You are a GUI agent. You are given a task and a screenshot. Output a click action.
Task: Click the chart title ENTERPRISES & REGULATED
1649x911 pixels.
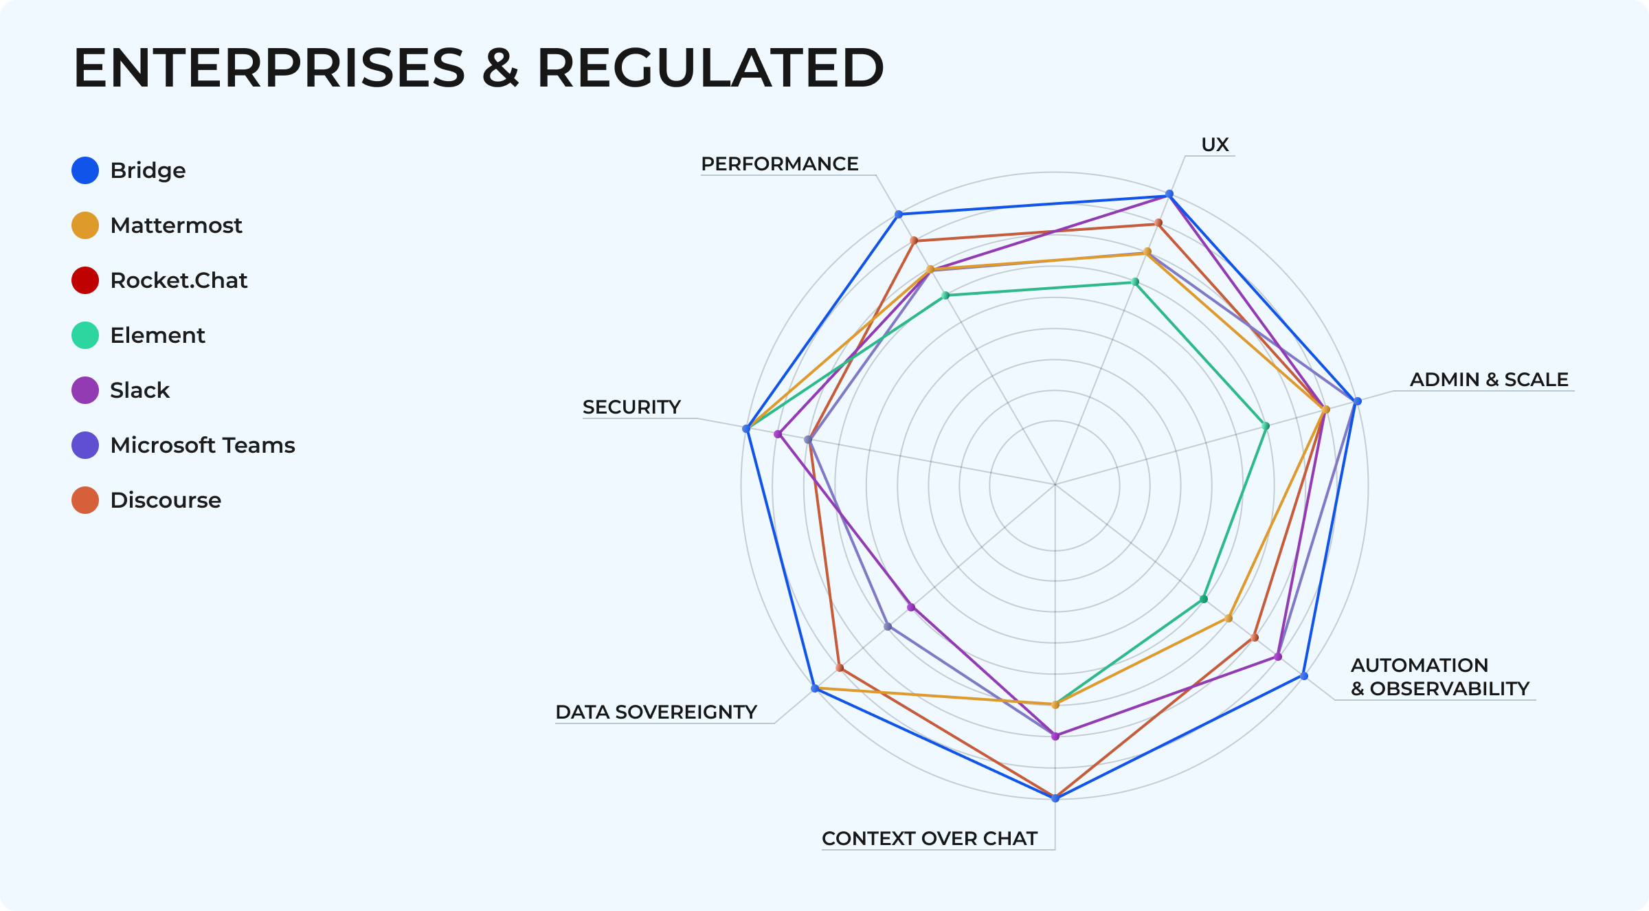click(478, 68)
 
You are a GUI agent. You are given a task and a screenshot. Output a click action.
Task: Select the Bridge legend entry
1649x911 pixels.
click(148, 170)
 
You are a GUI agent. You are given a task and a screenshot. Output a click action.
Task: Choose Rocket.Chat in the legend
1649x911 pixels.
click(178, 280)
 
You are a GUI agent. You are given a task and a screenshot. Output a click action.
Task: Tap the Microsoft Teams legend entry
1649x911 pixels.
click(202, 445)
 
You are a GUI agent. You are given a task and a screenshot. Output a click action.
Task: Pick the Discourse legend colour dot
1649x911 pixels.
click(85, 500)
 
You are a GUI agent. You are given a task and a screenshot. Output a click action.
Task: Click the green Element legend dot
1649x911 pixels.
click(85, 335)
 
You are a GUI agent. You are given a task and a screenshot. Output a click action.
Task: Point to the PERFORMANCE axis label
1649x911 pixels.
click(779, 164)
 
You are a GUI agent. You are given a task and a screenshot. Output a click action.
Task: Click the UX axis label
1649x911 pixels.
click(1215, 145)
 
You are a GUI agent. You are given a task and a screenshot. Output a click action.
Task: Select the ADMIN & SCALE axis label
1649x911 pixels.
click(1489, 380)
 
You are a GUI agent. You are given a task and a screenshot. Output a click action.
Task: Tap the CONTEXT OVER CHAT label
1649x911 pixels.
click(929, 839)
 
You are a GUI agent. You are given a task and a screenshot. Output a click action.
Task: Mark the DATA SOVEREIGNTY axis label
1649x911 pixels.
click(655, 712)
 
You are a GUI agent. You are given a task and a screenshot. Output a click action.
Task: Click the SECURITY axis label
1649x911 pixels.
click(631, 407)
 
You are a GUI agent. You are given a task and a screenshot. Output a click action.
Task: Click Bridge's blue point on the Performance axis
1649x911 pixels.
click(898, 214)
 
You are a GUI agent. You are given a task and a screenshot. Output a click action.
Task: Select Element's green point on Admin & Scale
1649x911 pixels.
click(1266, 426)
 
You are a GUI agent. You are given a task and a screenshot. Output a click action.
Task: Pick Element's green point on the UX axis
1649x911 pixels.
click(1135, 282)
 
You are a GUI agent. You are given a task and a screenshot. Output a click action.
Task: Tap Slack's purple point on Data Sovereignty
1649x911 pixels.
click(911, 607)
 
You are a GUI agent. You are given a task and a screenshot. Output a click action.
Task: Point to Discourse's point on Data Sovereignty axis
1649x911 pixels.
click(839, 668)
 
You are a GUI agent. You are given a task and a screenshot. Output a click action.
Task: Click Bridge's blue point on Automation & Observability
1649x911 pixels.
click(1304, 676)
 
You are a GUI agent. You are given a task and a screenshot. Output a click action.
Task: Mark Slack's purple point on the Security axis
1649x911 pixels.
click(778, 434)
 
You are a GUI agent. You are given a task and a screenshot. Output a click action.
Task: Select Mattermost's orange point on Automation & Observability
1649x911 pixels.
click(1229, 618)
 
